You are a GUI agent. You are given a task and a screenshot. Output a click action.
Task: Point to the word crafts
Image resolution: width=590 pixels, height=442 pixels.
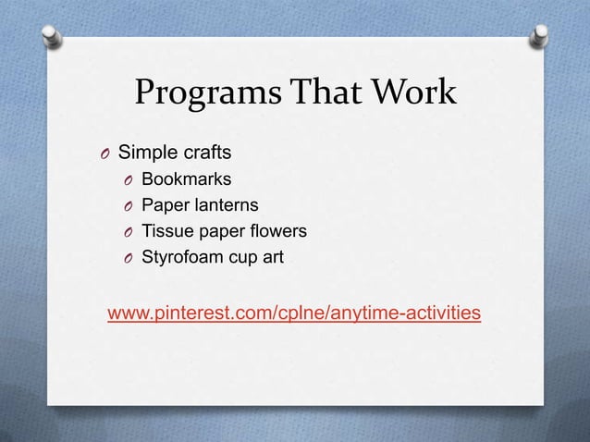207,150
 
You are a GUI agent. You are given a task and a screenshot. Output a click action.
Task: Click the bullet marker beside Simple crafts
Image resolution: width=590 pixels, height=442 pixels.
105,152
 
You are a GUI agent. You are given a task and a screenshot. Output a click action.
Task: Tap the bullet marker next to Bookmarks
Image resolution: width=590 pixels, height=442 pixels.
129,178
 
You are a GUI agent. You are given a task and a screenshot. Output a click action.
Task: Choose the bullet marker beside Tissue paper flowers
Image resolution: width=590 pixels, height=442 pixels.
129,231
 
